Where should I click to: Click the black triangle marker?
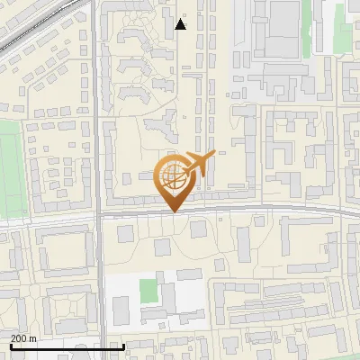coord(181,24)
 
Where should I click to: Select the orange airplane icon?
coord(199,164)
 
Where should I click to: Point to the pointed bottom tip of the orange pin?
coord(173,212)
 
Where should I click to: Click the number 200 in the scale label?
coord(18,338)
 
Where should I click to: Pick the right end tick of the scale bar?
coord(122,345)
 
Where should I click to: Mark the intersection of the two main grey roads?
coord(97,215)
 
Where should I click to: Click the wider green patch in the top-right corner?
coord(344,36)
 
